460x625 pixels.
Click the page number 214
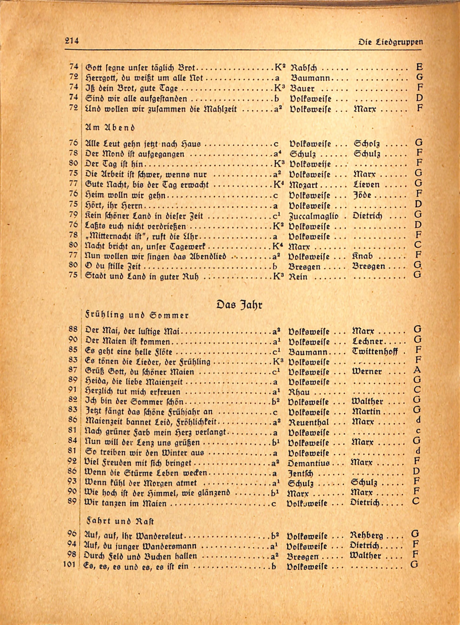72,41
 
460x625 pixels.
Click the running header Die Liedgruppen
390,42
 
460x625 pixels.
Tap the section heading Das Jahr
239,305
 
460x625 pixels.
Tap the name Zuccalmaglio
314,216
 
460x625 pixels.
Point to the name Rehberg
366,536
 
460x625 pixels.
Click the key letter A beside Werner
417,371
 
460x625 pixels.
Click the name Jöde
362,195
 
